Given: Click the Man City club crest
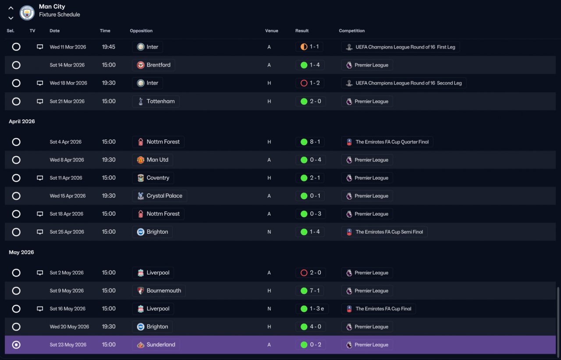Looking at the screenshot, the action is tap(27, 13).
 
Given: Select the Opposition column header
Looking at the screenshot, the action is tap(141, 31).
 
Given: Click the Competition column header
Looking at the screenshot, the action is tap(352, 31).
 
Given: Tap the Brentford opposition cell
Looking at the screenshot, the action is tap(153, 65).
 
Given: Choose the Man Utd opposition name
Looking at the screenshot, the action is tap(157, 160).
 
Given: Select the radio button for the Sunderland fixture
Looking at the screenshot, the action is tap(16, 345).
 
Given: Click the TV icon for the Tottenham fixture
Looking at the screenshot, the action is tap(40, 101).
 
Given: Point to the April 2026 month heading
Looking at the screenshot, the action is tap(22, 121).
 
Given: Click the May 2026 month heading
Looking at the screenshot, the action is tap(21, 252).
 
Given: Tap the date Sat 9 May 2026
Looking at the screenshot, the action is tap(67, 291).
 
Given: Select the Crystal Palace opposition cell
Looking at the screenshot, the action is tap(160, 196).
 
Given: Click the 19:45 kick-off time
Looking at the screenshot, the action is tap(108, 47).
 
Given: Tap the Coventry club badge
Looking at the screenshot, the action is tap(141, 178).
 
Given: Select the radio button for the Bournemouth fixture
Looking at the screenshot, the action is tap(16, 291).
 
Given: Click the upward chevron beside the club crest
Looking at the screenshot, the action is tap(11, 8).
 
